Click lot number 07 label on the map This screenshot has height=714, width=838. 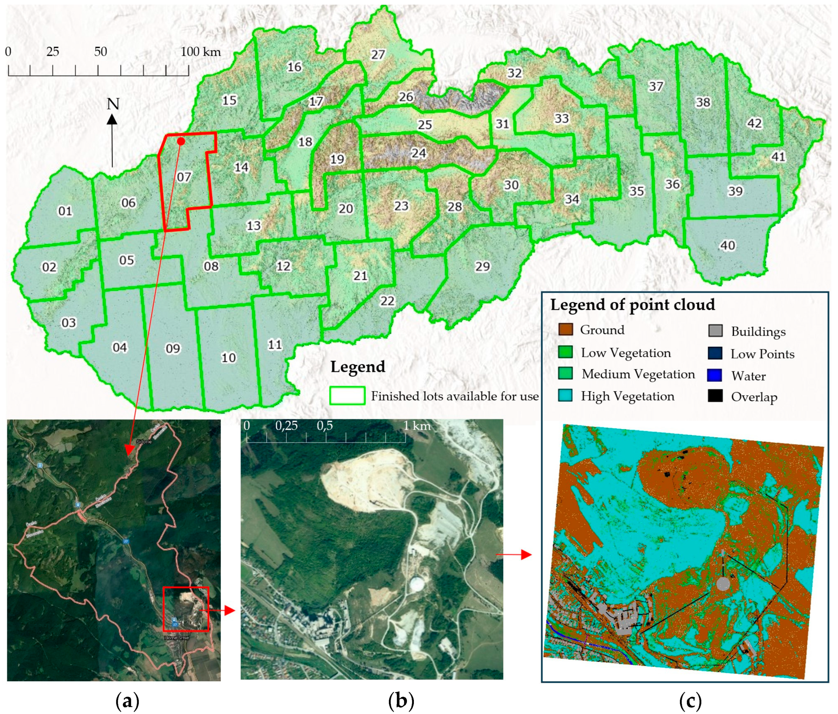point(184,177)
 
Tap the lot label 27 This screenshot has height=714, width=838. point(378,54)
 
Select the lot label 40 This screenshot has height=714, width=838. point(728,245)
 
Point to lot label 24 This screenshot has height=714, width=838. point(419,153)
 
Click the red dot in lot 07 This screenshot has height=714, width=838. point(181,141)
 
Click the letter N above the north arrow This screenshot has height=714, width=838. point(113,104)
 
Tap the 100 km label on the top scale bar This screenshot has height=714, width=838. point(200,52)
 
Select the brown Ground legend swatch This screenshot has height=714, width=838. point(565,329)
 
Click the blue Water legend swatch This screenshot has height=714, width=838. point(715,375)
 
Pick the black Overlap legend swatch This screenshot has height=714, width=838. point(715,396)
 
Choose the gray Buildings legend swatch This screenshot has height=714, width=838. point(715,331)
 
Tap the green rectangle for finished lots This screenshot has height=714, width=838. point(347,395)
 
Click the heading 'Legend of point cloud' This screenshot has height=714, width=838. point(632,304)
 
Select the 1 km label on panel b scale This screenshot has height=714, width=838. point(416,426)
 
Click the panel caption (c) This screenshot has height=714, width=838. point(691,701)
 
